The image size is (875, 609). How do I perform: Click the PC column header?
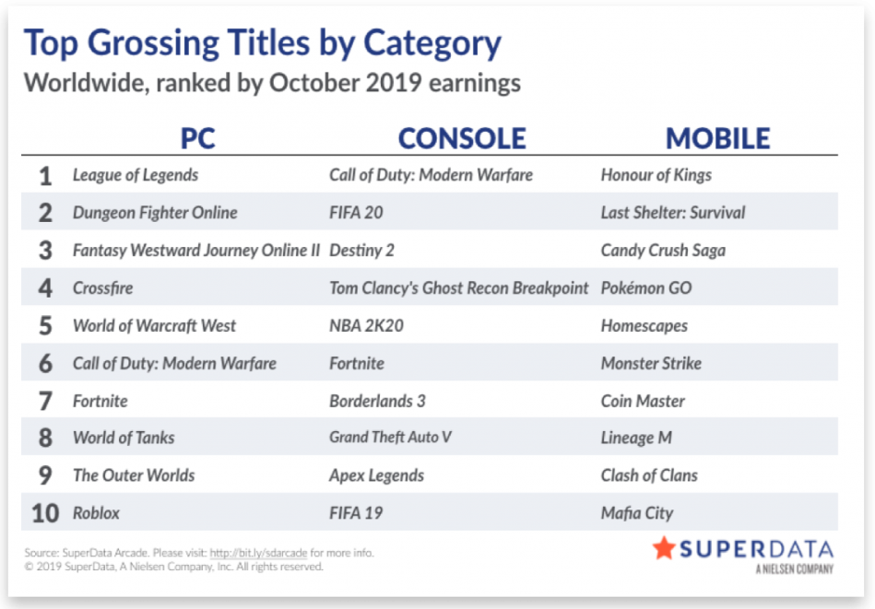197,138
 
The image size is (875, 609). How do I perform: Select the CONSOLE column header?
462,138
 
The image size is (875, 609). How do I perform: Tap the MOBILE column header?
717,138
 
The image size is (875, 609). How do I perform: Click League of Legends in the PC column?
136,175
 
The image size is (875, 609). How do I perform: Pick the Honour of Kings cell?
656,175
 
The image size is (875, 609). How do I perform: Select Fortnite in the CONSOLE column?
357,364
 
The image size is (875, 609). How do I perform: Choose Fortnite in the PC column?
101,401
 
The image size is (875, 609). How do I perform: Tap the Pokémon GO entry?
646,287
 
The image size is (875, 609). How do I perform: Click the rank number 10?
45,513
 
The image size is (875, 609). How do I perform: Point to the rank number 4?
45,287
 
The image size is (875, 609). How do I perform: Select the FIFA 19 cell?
356,513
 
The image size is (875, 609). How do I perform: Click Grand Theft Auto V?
390,438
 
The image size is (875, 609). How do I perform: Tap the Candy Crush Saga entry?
663,251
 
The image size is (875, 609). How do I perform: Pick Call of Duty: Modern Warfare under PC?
174,364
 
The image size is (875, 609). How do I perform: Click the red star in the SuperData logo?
664,548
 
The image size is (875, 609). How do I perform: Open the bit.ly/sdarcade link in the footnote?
258,553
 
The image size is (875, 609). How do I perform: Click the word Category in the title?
432,44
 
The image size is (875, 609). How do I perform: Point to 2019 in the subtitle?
394,83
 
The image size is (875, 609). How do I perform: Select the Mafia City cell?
637,513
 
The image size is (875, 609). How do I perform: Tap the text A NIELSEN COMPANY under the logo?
795,568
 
